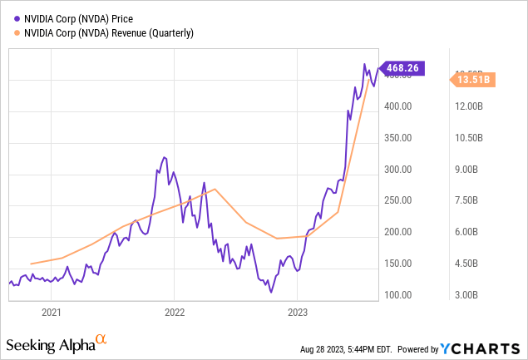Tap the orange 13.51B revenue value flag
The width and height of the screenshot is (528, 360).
tap(473, 80)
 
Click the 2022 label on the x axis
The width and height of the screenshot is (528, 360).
tap(175, 313)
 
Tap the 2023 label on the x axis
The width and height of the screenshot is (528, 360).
tap(298, 313)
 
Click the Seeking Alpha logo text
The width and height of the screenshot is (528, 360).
tap(50, 344)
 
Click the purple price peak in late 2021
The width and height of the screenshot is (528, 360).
tap(164, 156)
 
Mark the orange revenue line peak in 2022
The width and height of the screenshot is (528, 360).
tap(215, 189)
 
